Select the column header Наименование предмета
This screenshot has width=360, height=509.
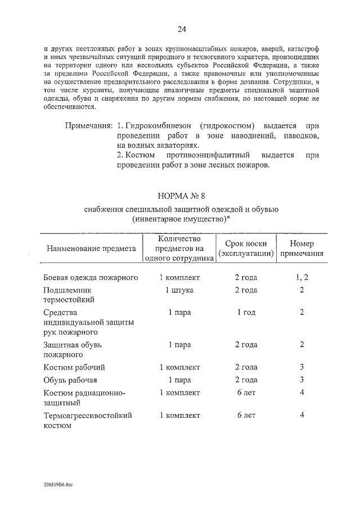(91, 248)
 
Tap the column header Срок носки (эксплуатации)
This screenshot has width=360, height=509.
(246, 248)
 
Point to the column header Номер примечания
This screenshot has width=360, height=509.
(302, 248)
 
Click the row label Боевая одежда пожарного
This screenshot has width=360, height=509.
(91, 278)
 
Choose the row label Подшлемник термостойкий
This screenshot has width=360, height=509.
(69, 295)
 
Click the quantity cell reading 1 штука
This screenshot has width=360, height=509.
(179, 290)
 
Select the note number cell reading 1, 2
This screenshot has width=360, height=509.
(302, 278)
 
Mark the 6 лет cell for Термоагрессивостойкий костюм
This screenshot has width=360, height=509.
(246, 415)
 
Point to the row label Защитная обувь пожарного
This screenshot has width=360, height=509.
(73, 349)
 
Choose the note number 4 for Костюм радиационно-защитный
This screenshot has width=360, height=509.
(302, 391)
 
